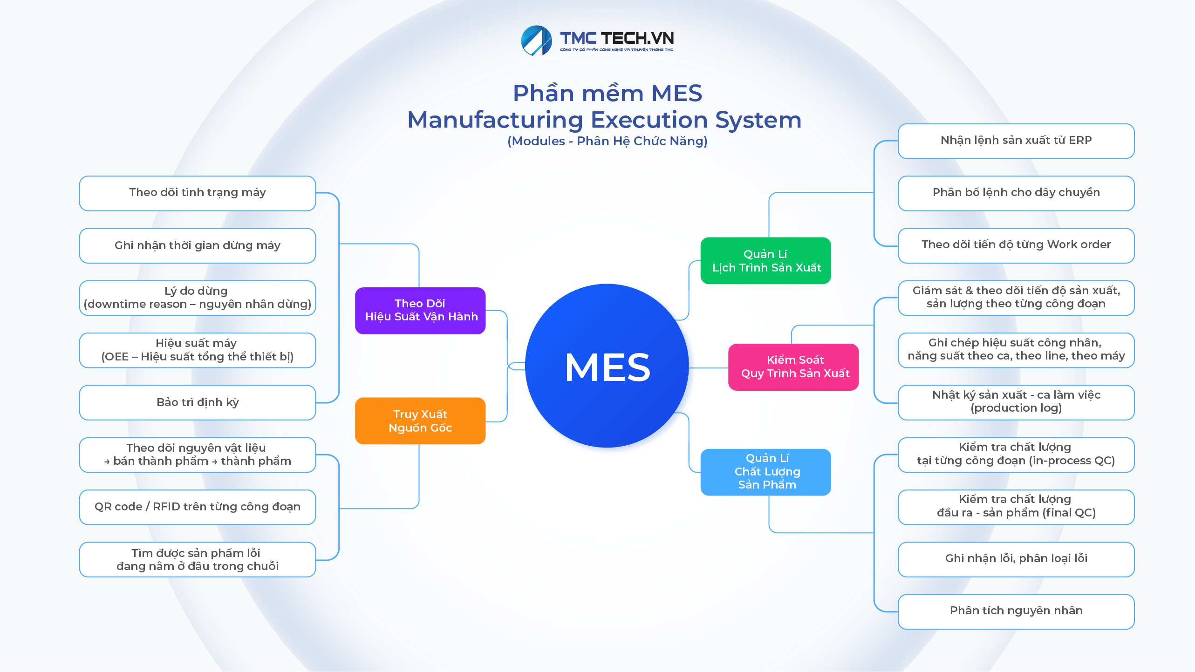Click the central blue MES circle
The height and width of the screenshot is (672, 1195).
607,366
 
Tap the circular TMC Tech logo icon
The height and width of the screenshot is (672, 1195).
536,41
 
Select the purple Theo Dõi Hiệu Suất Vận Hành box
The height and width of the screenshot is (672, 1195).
420,310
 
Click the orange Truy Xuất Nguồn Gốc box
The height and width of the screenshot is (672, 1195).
420,421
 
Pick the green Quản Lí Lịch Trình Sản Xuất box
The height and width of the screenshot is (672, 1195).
765,261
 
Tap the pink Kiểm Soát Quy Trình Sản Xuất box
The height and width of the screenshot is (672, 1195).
793,367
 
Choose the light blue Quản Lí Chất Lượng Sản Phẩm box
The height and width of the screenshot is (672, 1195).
765,472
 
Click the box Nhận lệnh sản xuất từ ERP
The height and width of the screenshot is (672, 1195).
1016,141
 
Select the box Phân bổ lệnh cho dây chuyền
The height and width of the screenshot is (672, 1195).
1016,193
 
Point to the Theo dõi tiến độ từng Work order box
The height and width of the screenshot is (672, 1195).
1016,245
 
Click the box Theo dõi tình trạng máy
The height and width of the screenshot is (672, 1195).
198,193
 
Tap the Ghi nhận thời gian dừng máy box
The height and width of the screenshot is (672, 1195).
198,245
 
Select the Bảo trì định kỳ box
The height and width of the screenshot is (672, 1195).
198,402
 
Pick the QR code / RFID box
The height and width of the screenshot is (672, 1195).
198,507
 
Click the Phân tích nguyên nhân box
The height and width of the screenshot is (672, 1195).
1016,611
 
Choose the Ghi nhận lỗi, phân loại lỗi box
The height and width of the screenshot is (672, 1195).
1016,559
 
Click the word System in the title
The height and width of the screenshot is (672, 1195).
758,120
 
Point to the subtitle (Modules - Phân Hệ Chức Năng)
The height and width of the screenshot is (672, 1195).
607,141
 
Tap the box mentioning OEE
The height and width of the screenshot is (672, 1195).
198,350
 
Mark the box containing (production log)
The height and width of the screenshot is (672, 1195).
1016,402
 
